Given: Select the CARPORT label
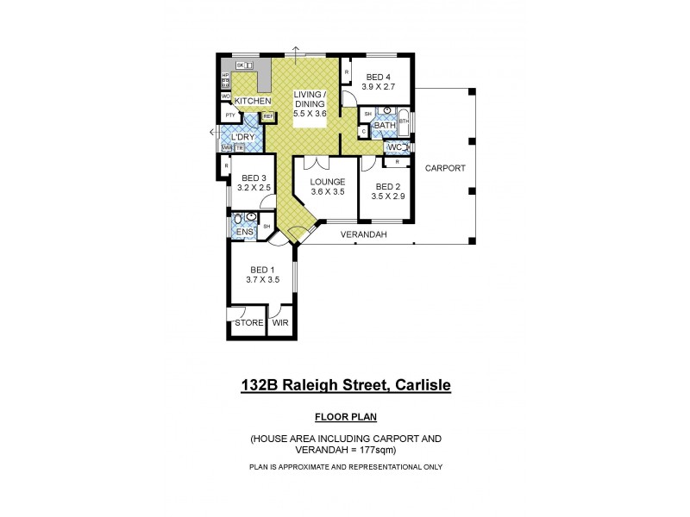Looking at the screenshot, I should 445,169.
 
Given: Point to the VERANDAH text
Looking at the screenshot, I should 363,234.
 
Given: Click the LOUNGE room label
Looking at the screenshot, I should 329,182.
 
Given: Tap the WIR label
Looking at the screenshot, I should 280,324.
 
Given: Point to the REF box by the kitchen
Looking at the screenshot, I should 267,116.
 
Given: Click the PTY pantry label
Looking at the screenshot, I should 230,115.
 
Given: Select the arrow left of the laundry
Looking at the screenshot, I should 212,132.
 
